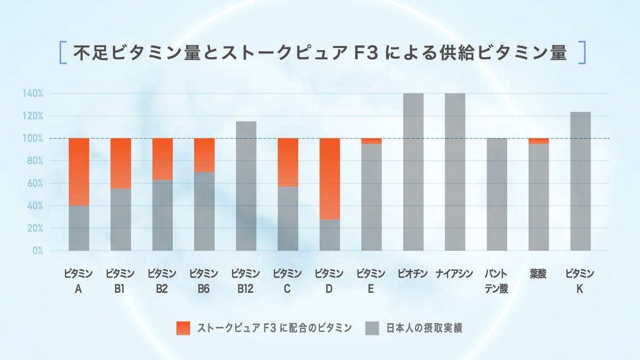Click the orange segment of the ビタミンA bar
tap(79, 172)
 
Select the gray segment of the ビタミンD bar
tap(330, 235)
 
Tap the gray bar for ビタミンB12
tap(246, 186)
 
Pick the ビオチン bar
tap(413, 172)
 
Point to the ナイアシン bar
tap(455, 172)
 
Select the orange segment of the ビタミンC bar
tap(288, 162)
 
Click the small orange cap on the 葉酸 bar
tap(539, 141)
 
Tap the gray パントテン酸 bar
tap(497, 194)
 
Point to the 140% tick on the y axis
tap(33, 93)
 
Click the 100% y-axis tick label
tap(33, 139)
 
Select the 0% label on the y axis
tap(37, 251)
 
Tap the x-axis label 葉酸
tap(539, 274)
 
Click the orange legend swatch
tap(183, 328)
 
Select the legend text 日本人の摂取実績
tap(424, 328)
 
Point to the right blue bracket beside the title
tap(582, 53)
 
